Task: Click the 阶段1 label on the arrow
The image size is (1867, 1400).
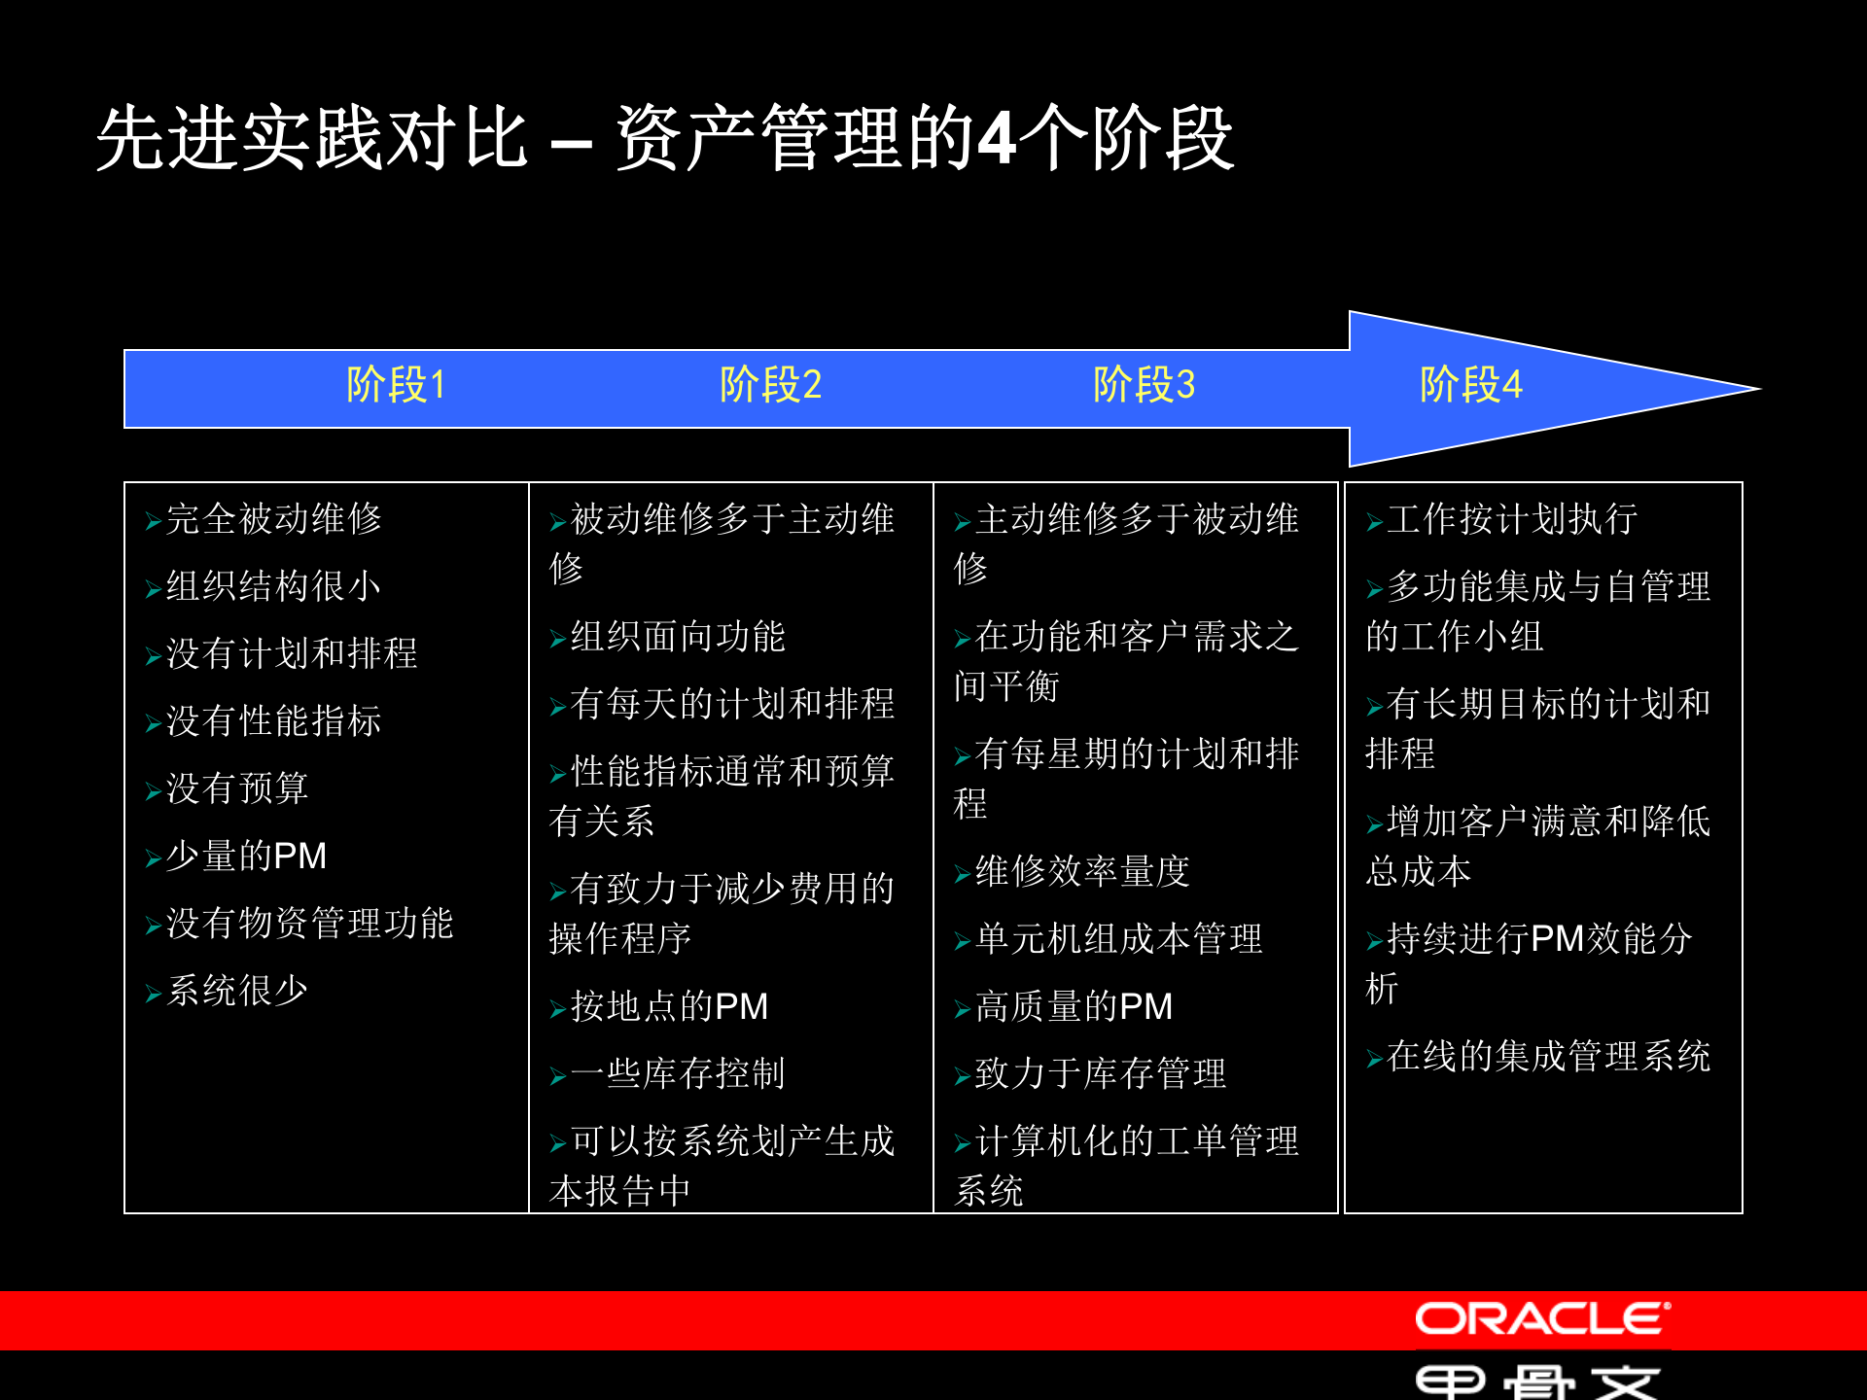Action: pos(396,385)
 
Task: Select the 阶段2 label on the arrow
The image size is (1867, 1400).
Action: pos(770,385)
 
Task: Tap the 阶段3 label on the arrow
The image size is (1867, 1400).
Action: pos(1144,385)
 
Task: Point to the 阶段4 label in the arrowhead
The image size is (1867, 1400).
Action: pos(1470,385)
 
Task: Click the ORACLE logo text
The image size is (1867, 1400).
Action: pos(1542,1319)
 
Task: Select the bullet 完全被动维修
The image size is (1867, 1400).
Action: pos(273,519)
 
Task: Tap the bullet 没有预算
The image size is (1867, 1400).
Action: pos(237,788)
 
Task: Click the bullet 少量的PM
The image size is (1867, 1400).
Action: pos(246,857)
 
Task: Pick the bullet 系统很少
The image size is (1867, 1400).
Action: pos(237,991)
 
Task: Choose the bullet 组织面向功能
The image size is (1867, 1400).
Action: pos(678,637)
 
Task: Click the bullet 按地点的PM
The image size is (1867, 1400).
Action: pos(669,1006)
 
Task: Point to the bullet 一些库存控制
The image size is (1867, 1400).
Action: pos(678,1073)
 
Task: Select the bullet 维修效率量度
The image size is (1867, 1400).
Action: pos(1082,872)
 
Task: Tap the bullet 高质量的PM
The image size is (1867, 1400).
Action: pos(1074,1006)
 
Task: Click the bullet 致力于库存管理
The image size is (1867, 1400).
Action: pos(1101,1073)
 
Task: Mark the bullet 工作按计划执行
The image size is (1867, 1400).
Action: pos(1512,519)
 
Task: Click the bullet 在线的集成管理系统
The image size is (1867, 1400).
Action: pos(1548,1056)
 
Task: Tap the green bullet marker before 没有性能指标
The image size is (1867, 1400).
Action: pos(153,723)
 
